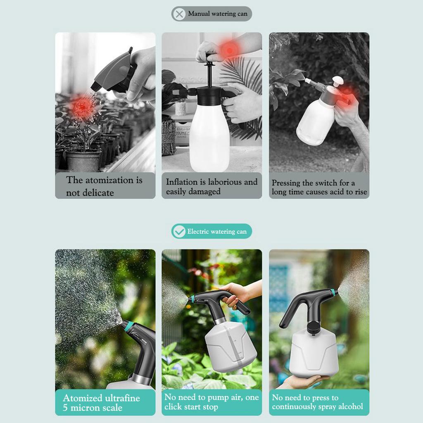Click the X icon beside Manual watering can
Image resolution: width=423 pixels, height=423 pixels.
pyautogui.click(x=179, y=14)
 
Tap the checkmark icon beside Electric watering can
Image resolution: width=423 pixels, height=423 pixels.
pyautogui.click(x=179, y=231)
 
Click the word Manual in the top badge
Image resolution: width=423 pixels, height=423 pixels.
pyautogui.click(x=199, y=14)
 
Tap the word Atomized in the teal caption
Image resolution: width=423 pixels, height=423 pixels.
pyautogui.click(x=82, y=399)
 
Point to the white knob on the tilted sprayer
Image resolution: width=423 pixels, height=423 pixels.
pyautogui.click(x=337, y=81)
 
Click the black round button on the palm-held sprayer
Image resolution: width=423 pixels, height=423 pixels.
pyautogui.click(x=313, y=329)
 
